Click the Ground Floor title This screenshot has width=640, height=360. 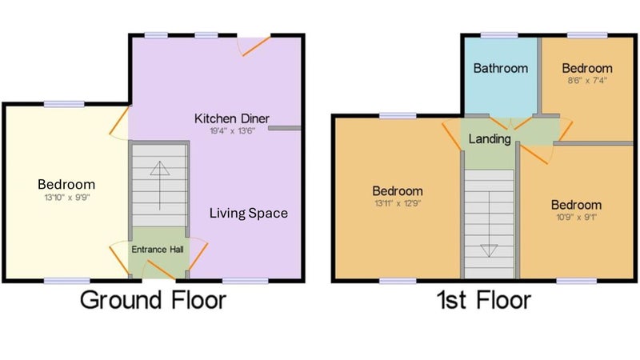click(x=153, y=300)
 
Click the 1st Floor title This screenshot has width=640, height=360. click(x=484, y=300)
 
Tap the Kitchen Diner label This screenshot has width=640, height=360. click(x=232, y=118)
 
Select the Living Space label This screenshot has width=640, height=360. click(x=249, y=213)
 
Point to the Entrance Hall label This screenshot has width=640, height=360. click(x=157, y=250)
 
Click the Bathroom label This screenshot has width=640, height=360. click(x=501, y=68)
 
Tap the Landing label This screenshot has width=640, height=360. click(x=490, y=139)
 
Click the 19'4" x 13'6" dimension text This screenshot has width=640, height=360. click(x=232, y=131)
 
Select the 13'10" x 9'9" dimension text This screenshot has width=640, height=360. click(x=67, y=198)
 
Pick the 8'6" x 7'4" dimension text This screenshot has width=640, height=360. click(x=587, y=81)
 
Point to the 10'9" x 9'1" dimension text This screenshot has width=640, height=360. click(x=576, y=217)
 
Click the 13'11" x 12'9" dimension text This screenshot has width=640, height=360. click(x=398, y=203)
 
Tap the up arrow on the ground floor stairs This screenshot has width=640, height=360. click(x=159, y=186)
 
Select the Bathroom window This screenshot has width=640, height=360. click(x=499, y=35)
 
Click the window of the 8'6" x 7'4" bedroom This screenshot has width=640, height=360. click(x=587, y=35)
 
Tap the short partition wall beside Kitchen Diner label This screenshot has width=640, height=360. click(x=285, y=128)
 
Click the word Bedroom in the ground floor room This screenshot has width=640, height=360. click(x=66, y=185)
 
